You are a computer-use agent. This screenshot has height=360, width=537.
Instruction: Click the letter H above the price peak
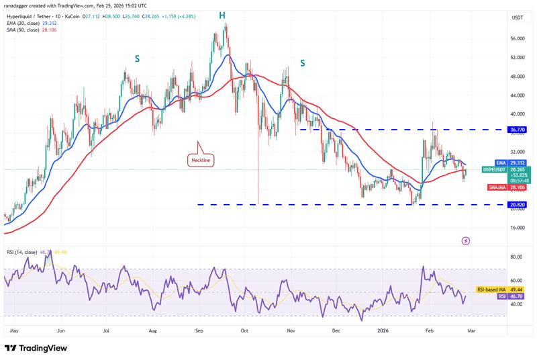point(221,15)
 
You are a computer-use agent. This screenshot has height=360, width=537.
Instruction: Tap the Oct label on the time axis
point(245,331)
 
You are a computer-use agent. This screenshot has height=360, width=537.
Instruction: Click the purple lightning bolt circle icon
point(466,240)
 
